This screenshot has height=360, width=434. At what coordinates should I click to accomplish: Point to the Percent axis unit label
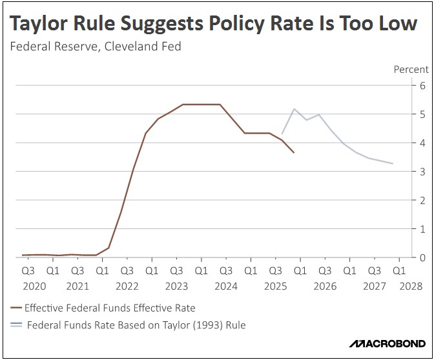[x=411, y=69]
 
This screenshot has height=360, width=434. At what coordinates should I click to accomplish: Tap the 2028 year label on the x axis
[x=411, y=285]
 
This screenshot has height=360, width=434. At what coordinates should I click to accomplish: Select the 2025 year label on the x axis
[x=274, y=285]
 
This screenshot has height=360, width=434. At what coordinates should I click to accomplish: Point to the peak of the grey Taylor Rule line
[x=294, y=109]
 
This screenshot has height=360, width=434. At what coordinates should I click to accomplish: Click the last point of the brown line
[x=294, y=153]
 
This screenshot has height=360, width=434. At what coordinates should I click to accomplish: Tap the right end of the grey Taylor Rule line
[x=393, y=164]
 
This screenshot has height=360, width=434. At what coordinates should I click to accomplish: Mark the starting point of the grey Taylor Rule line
[x=282, y=134]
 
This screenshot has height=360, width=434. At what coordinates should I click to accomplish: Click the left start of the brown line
[x=23, y=255]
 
